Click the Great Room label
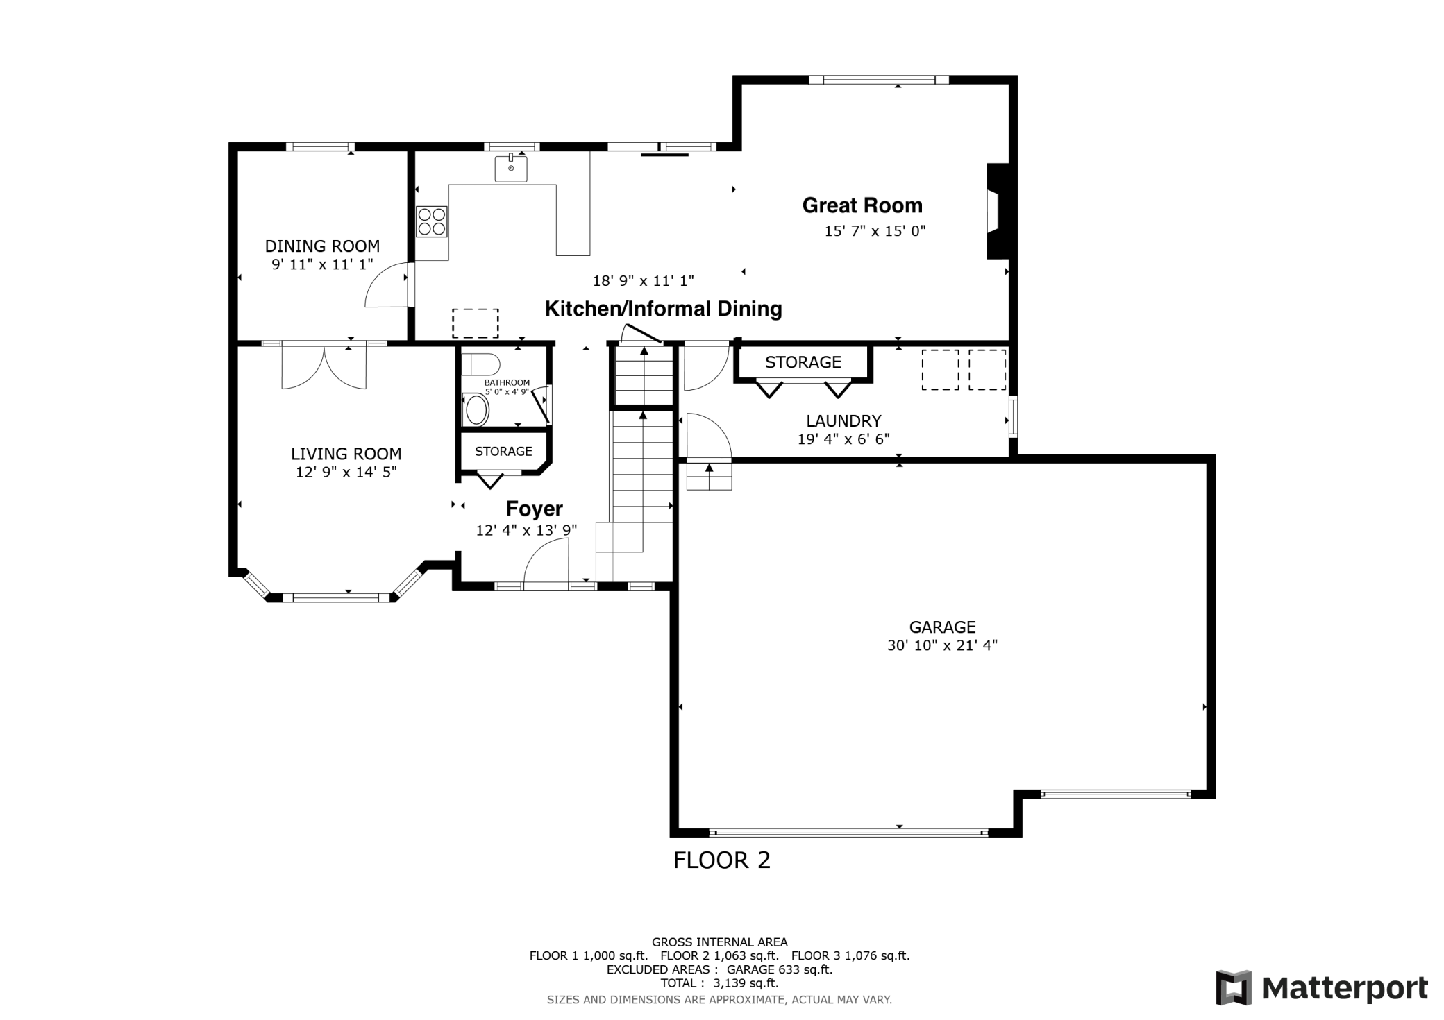pos(862,205)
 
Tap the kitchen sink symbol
pos(510,168)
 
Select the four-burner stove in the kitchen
pos(431,221)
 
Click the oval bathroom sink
pos(476,410)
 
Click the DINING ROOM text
pos(322,246)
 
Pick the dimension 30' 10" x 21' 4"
pos(941,645)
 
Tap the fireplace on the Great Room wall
pos(996,211)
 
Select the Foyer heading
pos(534,509)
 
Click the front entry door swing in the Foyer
pos(546,564)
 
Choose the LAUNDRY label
pos(843,420)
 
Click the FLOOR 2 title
pos(721,860)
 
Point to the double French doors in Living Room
pos(324,366)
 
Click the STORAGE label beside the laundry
pos(803,362)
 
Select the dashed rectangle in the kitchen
pos(475,323)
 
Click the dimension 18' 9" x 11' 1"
pos(643,281)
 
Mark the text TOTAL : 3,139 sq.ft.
pos(719,983)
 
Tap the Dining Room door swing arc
pos(385,285)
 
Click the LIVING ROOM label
pos(346,454)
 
